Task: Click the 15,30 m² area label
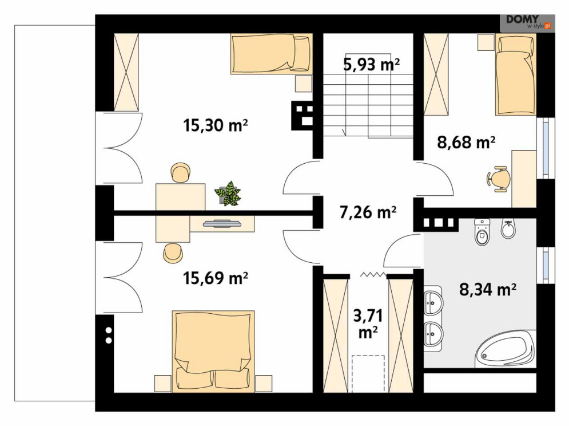tap(216, 125)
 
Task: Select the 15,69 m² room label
tap(216, 278)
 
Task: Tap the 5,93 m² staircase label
tap(371, 64)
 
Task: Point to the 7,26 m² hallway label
tap(368, 212)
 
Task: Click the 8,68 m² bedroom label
tap(466, 142)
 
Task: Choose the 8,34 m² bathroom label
tap(488, 290)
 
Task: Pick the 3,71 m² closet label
tap(368, 324)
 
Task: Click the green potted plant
tap(228, 194)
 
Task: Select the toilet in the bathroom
tap(482, 232)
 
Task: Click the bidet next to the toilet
tap(508, 229)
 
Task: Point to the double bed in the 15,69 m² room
tap(213, 351)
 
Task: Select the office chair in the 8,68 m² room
tap(499, 179)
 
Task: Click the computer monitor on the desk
tap(222, 223)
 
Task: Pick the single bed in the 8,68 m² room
tap(516, 74)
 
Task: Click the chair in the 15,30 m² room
tap(180, 172)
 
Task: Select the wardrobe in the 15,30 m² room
tap(126, 72)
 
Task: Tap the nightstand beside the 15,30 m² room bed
tap(303, 84)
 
